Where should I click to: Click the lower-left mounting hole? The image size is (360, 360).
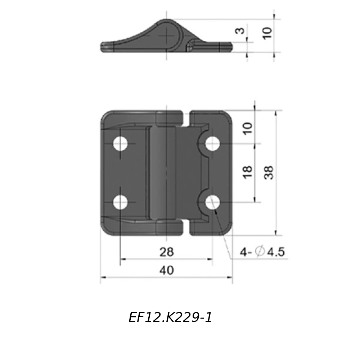121,203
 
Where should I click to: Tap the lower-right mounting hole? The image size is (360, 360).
213,203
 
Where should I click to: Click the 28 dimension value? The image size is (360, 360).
166,252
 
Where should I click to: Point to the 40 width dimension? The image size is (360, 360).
166,270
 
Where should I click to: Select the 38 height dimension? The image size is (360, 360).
269,173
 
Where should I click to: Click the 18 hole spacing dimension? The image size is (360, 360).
248,173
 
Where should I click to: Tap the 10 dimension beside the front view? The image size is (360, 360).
248,128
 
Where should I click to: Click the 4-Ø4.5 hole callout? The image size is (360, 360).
262,252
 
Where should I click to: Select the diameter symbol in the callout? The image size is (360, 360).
259,252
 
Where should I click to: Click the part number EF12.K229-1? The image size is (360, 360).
170,318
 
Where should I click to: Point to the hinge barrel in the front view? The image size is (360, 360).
166,173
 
